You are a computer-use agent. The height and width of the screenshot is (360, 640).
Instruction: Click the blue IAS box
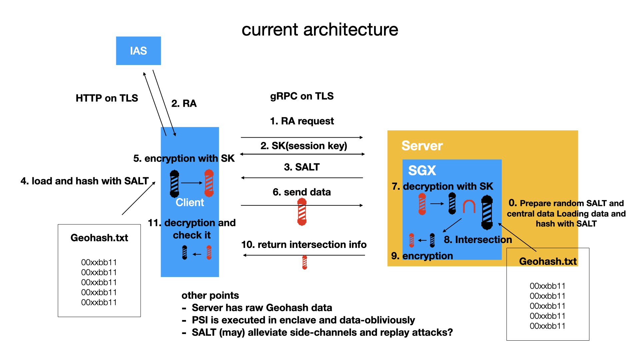click(138, 51)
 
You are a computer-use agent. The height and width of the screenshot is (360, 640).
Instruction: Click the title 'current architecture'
click(320, 30)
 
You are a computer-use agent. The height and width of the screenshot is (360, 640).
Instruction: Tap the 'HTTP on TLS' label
click(107, 98)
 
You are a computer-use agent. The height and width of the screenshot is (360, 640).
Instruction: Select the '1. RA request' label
click(302, 121)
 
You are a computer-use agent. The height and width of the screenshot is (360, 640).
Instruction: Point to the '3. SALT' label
click(302, 167)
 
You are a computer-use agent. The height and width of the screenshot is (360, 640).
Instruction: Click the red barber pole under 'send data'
click(302, 212)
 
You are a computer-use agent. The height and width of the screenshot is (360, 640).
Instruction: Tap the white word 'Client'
click(190, 202)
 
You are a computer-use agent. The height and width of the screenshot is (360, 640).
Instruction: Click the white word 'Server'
click(422, 146)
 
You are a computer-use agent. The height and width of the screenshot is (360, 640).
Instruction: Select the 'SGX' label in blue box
click(422, 171)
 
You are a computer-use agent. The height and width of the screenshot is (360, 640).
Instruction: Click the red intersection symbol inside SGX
click(469, 206)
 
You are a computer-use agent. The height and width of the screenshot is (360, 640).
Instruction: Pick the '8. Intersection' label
click(478, 240)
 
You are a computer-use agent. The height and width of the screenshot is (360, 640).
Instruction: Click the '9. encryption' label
click(422, 256)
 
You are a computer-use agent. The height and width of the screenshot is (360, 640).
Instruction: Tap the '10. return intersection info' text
click(304, 245)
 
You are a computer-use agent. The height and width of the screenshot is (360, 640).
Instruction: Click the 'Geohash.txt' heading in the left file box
click(99, 238)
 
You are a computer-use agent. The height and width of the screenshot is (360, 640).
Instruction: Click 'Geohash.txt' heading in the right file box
click(548, 261)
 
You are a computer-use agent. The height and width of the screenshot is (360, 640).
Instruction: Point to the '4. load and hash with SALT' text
click(84, 181)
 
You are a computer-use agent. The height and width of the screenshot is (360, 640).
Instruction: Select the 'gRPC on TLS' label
click(302, 96)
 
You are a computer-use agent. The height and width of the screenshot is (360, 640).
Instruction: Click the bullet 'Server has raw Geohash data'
click(262, 308)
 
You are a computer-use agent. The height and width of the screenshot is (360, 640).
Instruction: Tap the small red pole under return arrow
click(304, 263)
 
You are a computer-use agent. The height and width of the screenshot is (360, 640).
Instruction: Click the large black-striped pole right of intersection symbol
click(487, 212)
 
